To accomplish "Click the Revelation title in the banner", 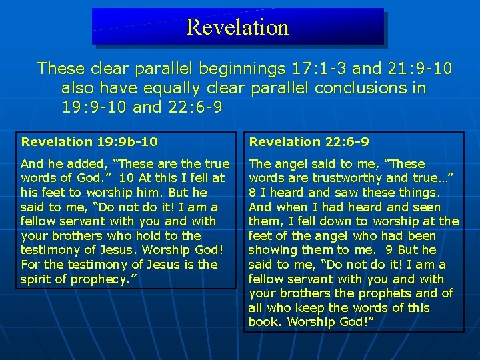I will click(x=237, y=27).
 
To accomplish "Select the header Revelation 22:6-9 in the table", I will click(x=309, y=141).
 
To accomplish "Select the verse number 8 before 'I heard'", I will click(x=253, y=193).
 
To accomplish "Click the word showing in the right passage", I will click(x=269, y=250).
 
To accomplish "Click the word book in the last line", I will click(x=262, y=322).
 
